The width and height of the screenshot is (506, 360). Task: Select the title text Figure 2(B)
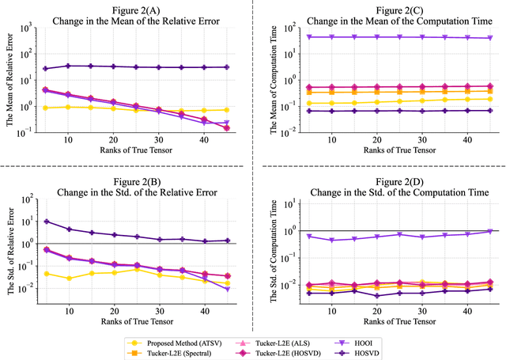click(126, 182)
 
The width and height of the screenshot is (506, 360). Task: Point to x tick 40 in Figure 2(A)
click(203, 140)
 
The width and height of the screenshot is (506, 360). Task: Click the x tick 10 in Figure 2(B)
click(69, 312)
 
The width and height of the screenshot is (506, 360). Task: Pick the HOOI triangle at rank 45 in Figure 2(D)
click(489, 231)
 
